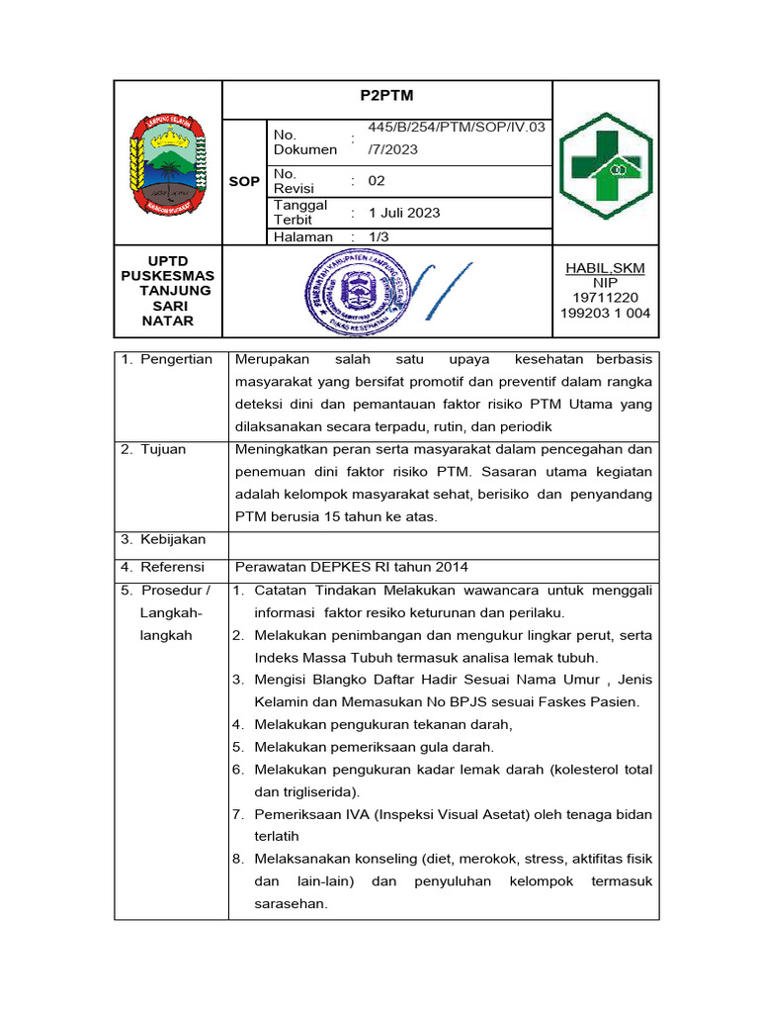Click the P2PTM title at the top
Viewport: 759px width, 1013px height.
[x=385, y=96]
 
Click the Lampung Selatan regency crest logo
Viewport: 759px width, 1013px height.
[x=168, y=162]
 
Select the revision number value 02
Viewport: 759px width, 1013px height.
[x=377, y=181]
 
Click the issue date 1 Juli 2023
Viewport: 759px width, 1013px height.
[x=404, y=213]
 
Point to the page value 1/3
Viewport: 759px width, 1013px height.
[x=379, y=237]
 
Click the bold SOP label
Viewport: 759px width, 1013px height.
[x=244, y=181]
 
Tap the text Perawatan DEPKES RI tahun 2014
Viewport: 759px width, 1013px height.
[x=351, y=567]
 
